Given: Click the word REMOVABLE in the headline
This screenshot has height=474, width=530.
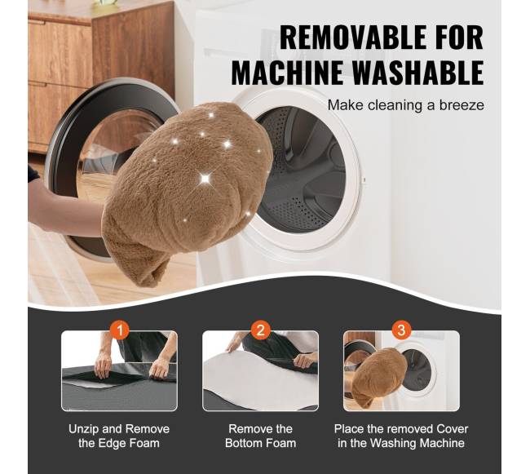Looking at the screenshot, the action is [x=351, y=38].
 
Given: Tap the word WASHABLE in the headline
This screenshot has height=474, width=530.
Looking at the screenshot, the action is [x=418, y=73].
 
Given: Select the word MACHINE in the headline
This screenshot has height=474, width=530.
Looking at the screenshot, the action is [x=287, y=73].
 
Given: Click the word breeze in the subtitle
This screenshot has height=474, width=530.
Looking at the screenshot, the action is [x=462, y=105].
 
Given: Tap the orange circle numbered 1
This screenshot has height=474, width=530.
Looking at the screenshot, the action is [x=120, y=330].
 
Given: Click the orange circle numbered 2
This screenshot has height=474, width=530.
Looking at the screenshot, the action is [x=261, y=330].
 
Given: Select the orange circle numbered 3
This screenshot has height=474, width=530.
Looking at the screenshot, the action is [x=401, y=330].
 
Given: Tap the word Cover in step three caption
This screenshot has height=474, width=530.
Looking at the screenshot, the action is [x=453, y=429].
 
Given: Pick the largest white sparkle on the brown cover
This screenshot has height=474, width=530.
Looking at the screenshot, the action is [x=205, y=178].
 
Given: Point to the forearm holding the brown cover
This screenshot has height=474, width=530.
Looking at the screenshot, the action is [x=68, y=211].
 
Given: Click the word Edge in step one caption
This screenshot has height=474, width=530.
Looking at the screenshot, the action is [x=112, y=444].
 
